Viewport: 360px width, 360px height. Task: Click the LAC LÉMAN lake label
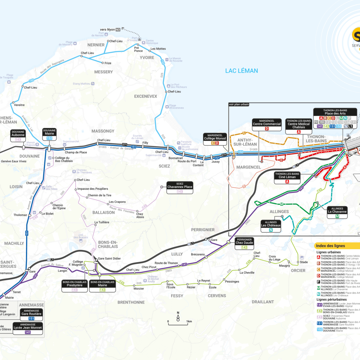pyautogui.click(x=242, y=71)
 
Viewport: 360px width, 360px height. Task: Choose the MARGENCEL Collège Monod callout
pyautogui.click(x=214, y=139)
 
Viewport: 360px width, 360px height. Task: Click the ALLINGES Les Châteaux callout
pyautogui.click(x=271, y=226)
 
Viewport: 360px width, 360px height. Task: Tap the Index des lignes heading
pyautogui.click(x=330, y=246)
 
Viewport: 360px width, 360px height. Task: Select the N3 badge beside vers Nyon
pyautogui.click(x=118, y=30)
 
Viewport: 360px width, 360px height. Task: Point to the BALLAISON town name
pyautogui.click(x=103, y=212)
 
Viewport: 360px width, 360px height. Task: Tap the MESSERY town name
pyautogui.click(x=103, y=72)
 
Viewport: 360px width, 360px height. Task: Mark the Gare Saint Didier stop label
pyautogui.click(x=109, y=258)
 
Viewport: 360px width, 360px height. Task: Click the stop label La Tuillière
pyautogui.click(x=102, y=222)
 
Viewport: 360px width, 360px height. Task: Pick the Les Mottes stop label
pyautogui.click(x=158, y=49)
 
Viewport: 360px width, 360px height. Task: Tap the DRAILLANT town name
pyautogui.click(x=263, y=302)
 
